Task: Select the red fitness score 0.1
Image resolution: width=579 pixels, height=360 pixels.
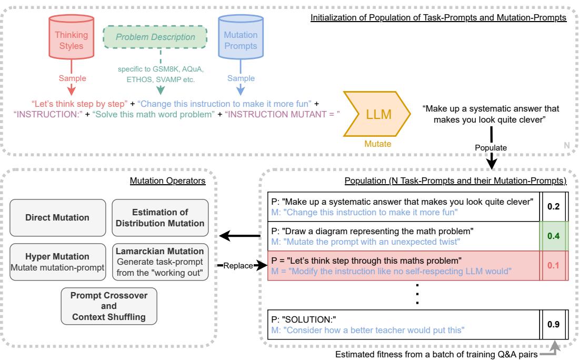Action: (x=553, y=265)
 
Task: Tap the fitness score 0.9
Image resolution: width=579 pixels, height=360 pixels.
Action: (x=553, y=324)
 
